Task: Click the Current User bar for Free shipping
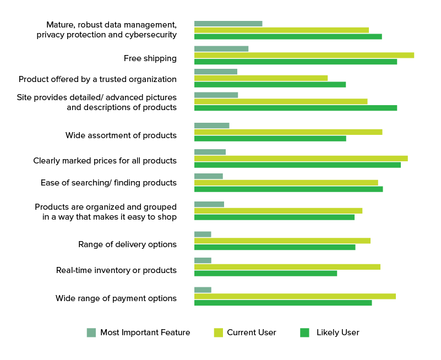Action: tap(304, 55)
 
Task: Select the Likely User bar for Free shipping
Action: tap(296, 62)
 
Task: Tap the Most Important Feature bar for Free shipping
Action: tap(221, 48)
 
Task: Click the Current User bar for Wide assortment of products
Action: tap(288, 132)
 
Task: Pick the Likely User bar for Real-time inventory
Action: tap(265, 273)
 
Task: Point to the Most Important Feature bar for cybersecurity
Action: tap(228, 24)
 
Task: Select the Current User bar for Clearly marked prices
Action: tap(301, 159)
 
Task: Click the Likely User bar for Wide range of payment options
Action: tap(283, 303)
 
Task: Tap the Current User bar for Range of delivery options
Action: tap(282, 241)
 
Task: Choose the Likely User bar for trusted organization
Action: tap(270, 84)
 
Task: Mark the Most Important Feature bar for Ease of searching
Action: tap(209, 176)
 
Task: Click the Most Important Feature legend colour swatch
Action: tap(91, 332)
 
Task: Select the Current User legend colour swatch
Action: tap(218, 332)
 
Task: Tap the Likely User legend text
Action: tap(337, 332)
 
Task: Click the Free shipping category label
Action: tap(150, 58)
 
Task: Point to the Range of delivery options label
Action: tap(127, 244)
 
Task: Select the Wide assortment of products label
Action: tap(121, 135)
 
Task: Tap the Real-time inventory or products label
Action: tap(116, 270)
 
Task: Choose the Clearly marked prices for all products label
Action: tap(105, 161)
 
